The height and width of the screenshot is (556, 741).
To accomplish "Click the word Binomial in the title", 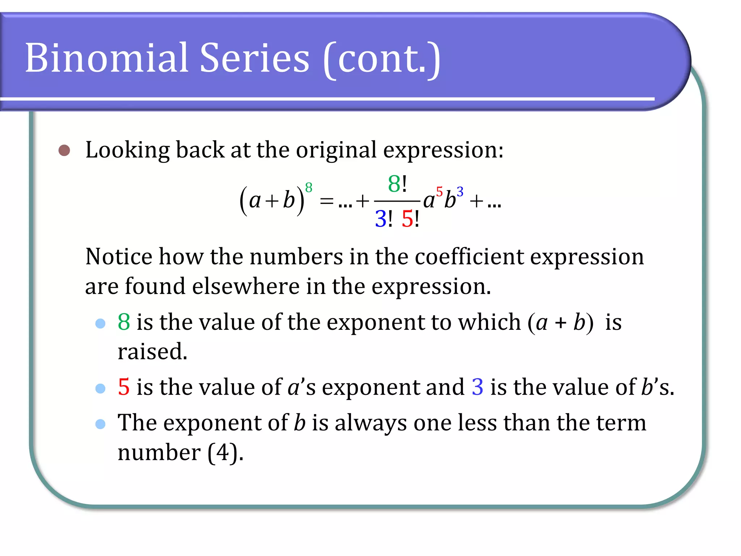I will (107, 58).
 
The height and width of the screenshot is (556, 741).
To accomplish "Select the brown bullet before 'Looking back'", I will (64, 150).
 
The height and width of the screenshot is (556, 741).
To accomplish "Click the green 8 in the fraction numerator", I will (394, 184).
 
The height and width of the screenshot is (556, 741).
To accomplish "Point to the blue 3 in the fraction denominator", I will (381, 219).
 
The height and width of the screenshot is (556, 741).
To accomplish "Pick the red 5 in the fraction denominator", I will (407, 219).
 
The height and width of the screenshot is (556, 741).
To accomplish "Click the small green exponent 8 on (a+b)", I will (309, 188).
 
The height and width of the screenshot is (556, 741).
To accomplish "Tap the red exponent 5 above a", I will (439, 191).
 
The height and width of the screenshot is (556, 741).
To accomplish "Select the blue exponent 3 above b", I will (460, 191).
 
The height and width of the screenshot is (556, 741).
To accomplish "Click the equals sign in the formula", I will (326, 201).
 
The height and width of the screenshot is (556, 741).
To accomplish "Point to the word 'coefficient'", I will (469, 257).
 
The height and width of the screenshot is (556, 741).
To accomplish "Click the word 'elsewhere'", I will (246, 286).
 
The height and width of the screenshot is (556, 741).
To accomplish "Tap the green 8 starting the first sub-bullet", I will (124, 322).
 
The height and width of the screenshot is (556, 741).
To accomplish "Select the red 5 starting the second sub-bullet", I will (124, 387).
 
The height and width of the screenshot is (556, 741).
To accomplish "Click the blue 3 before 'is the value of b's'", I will (477, 387).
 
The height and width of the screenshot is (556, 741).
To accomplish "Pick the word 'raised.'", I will (152, 351).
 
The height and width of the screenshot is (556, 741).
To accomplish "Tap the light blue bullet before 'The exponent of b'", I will (100, 424).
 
